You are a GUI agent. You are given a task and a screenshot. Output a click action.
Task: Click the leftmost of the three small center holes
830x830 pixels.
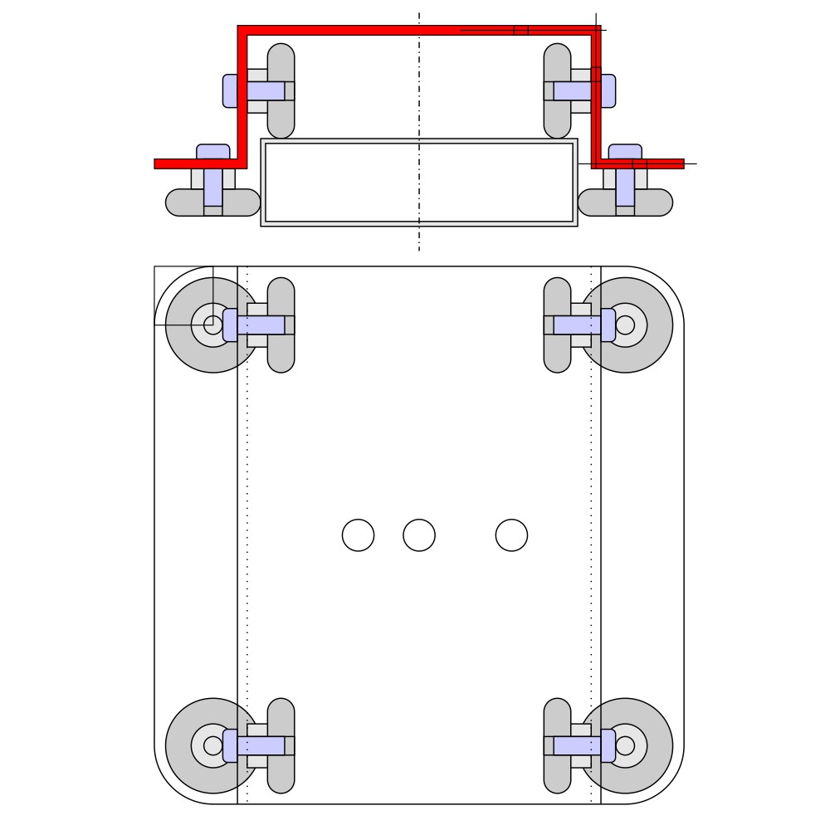pyautogui.click(x=358, y=535)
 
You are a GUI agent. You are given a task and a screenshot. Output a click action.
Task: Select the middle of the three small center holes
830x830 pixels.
pyautogui.click(x=419, y=535)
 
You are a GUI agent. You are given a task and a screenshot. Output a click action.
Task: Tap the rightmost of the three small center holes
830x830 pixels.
pyautogui.click(x=511, y=535)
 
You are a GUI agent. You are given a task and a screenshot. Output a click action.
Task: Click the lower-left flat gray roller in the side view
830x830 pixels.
pyautogui.click(x=181, y=203)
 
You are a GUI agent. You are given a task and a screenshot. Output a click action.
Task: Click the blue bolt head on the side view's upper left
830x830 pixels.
pyautogui.click(x=230, y=90)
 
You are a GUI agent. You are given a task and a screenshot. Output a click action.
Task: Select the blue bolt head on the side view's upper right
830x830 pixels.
pyautogui.click(x=608, y=90)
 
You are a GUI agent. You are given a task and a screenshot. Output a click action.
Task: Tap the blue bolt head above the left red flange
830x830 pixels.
pyautogui.click(x=213, y=151)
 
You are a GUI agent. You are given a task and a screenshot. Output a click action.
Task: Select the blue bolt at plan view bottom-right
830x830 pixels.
pyautogui.click(x=581, y=745)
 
